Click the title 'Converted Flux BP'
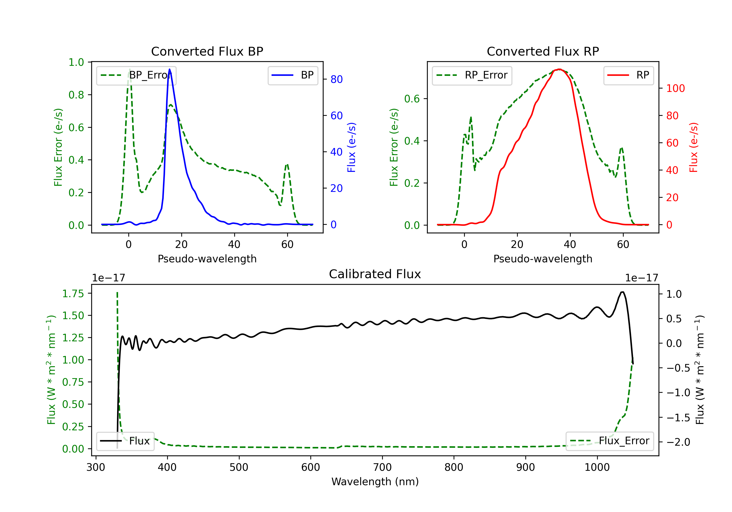pos(207,51)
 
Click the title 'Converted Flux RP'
pos(543,51)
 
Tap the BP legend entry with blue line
pos(293,75)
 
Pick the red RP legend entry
pos(628,75)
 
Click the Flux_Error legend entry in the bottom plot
pos(609,441)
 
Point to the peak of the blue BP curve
pos(170,69)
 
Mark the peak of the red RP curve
pos(559,69)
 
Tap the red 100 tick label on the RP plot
pos(675,88)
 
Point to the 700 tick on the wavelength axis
pos(382,467)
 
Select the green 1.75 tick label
pos(73,294)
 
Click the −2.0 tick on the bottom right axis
pos(678,442)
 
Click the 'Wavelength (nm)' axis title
pos(375,482)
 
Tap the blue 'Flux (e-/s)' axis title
pos(351,148)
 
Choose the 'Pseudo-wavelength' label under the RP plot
pos(543,259)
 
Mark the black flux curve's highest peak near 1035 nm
pos(622,292)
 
